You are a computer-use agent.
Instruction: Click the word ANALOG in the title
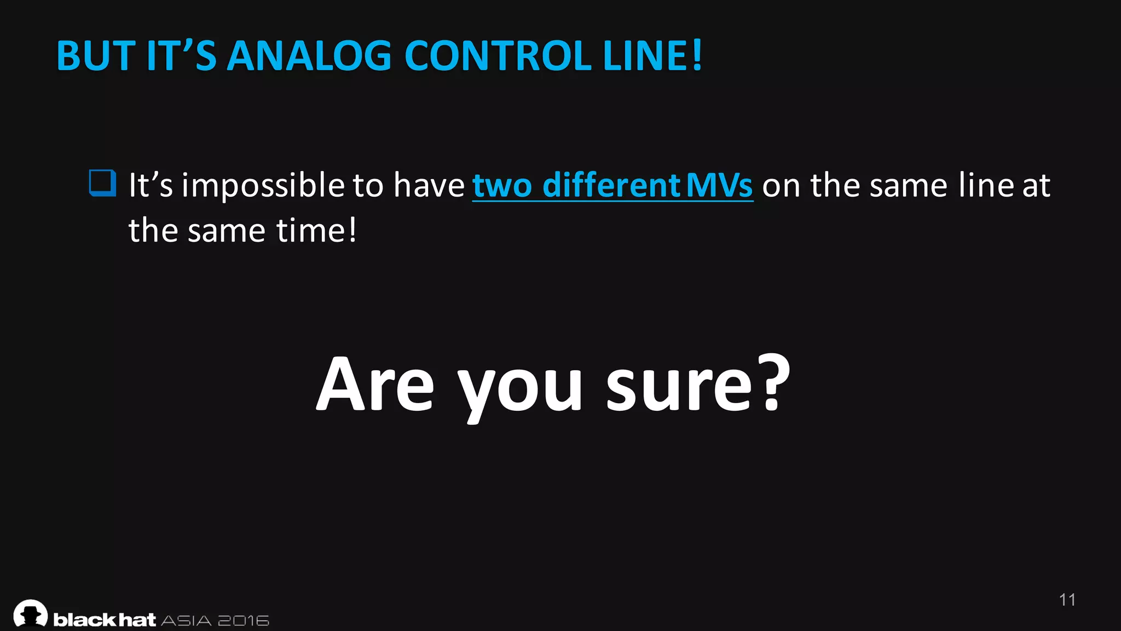click(x=309, y=56)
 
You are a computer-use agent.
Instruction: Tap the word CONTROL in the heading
click(x=498, y=56)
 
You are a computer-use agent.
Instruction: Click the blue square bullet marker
click(x=102, y=183)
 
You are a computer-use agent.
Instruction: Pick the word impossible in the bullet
click(x=263, y=185)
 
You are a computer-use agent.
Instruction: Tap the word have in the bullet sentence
click(x=429, y=185)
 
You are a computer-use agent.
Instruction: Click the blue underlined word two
click(x=502, y=185)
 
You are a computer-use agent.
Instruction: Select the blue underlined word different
click(x=611, y=185)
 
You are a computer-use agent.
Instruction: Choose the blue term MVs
click(x=719, y=185)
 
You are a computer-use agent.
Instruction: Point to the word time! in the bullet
click(x=316, y=230)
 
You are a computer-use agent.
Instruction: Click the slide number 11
click(x=1067, y=600)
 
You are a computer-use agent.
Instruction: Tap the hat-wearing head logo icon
click(x=31, y=613)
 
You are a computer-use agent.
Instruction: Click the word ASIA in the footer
click(x=186, y=621)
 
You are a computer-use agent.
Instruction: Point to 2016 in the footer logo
click(x=244, y=621)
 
